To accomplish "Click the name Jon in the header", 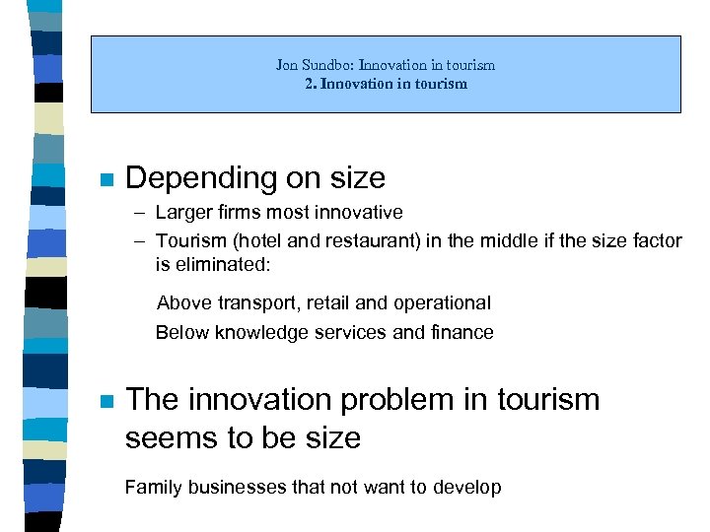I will tap(286, 65).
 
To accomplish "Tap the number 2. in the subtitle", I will tap(311, 84).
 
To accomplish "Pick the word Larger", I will tap(181, 212).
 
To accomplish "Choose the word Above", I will tap(183, 302).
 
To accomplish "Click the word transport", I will tap(250, 302).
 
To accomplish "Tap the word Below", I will tap(181, 332).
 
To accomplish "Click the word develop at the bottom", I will tap(466, 487).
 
